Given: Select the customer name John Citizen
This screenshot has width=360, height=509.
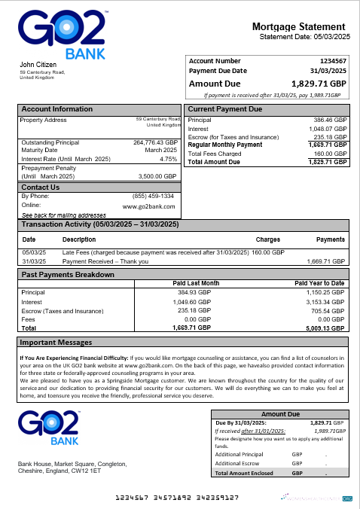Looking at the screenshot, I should pos(36,65).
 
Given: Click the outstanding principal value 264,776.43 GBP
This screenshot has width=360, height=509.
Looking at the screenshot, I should pos(154,142).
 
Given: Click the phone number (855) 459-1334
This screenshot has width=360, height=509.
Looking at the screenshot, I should pos(154,197).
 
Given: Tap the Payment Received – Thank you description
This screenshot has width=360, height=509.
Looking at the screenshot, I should pos(105,261).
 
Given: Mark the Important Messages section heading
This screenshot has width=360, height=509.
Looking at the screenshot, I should pos(55,343).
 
